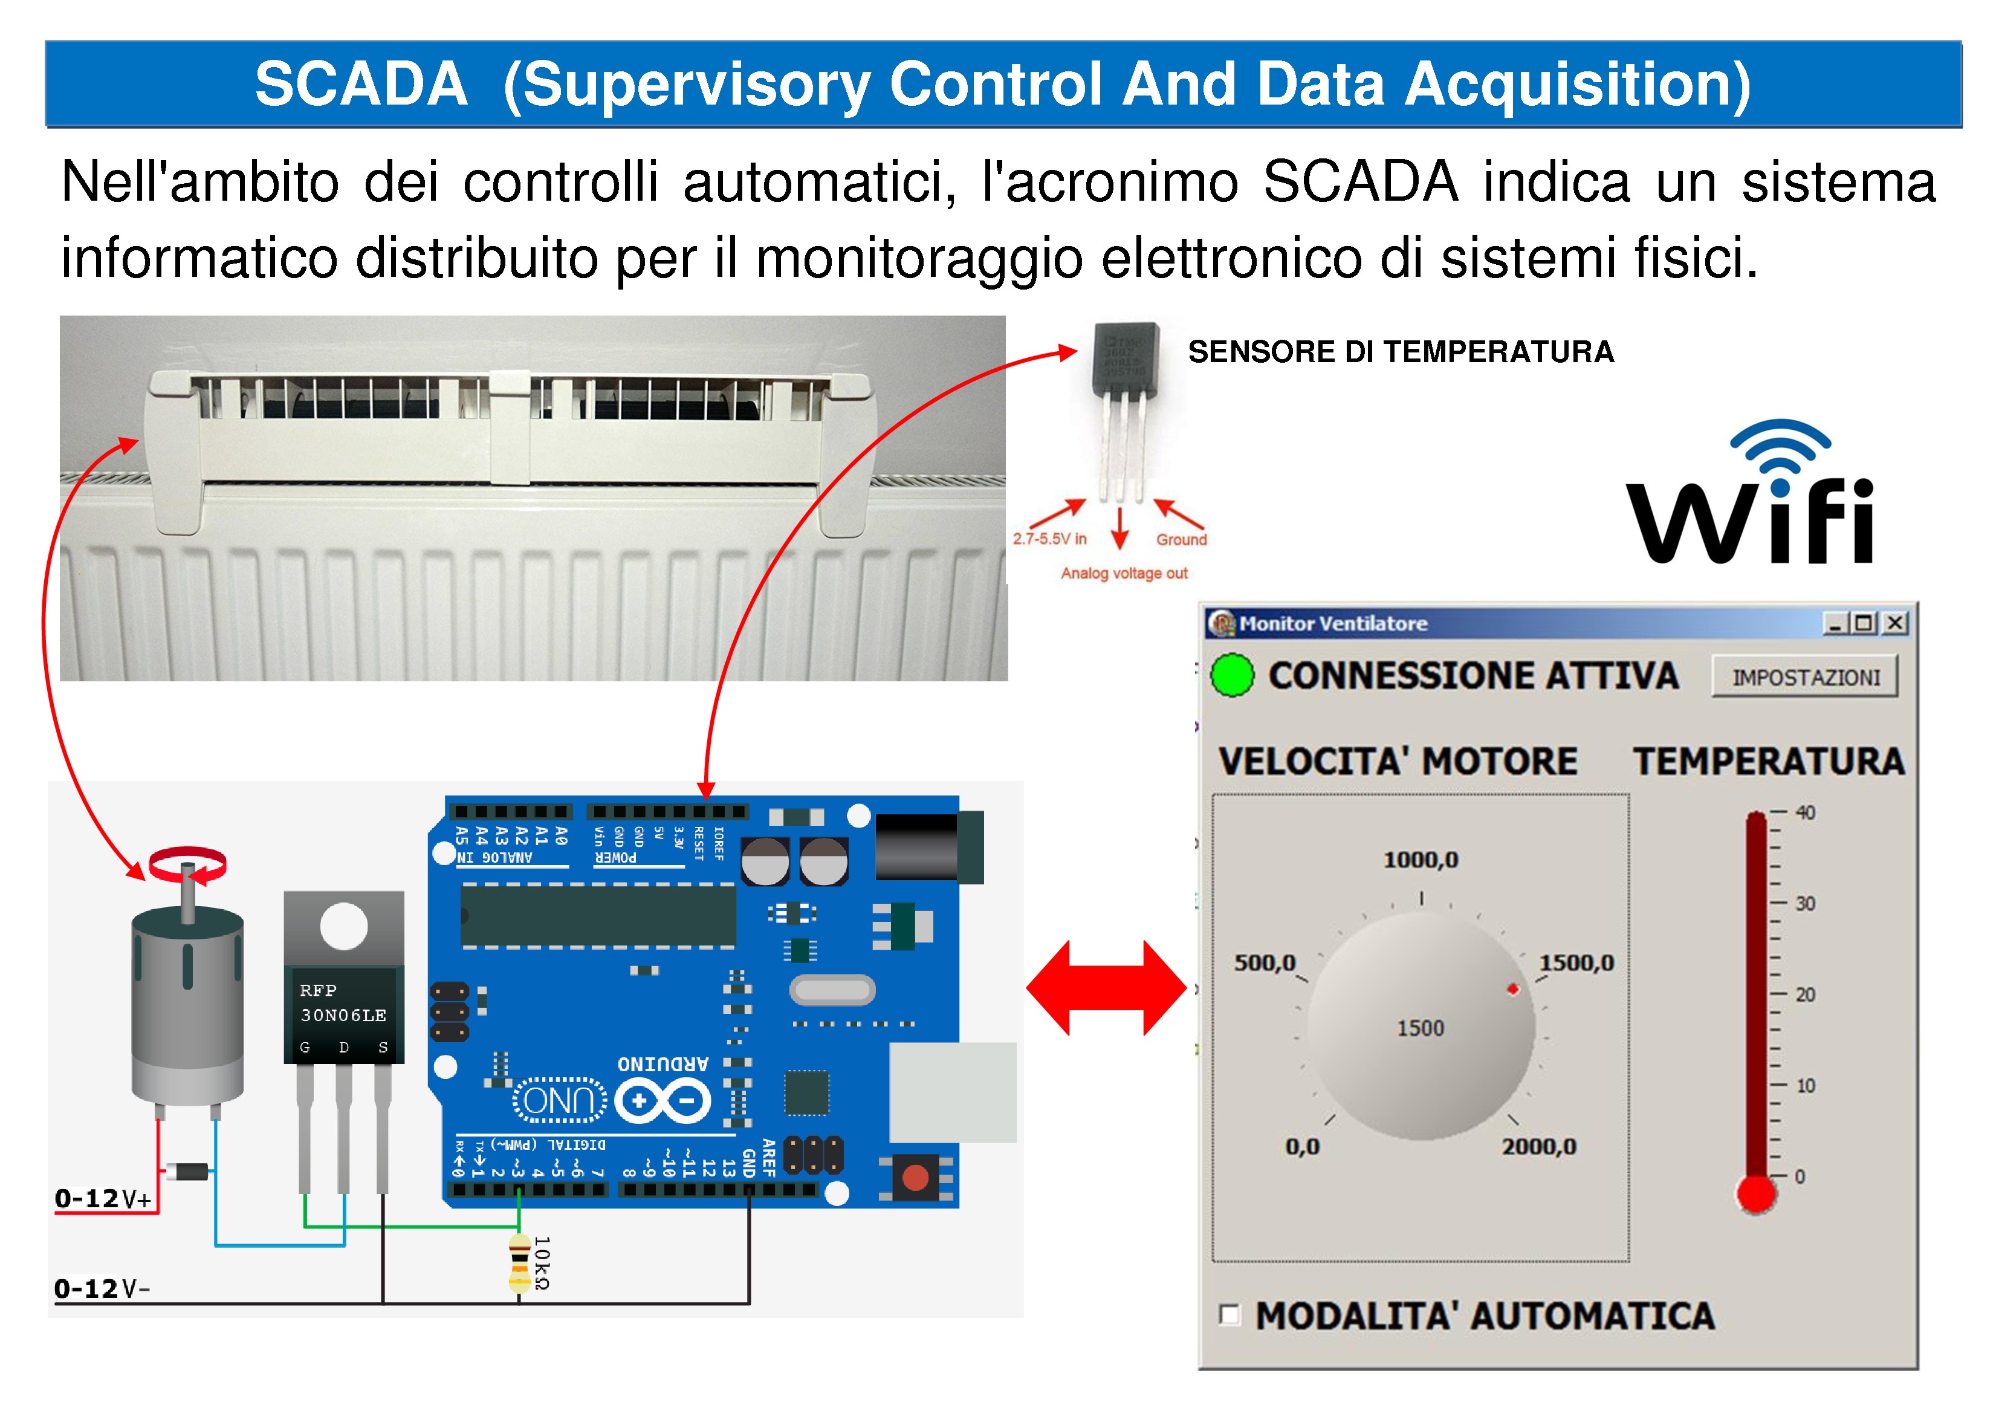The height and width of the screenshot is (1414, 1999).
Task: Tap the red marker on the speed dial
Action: pos(1513,989)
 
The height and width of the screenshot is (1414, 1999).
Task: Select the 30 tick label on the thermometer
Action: pos(1805,903)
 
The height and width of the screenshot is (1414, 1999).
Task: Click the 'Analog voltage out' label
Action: pos(1123,573)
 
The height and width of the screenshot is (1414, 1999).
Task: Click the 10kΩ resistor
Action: pos(519,1262)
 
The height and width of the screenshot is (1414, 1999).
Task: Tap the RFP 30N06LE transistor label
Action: pos(343,1003)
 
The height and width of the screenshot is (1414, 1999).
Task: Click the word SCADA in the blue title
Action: pos(360,85)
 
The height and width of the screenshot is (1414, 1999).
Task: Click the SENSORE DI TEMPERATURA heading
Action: pos(1400,352)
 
